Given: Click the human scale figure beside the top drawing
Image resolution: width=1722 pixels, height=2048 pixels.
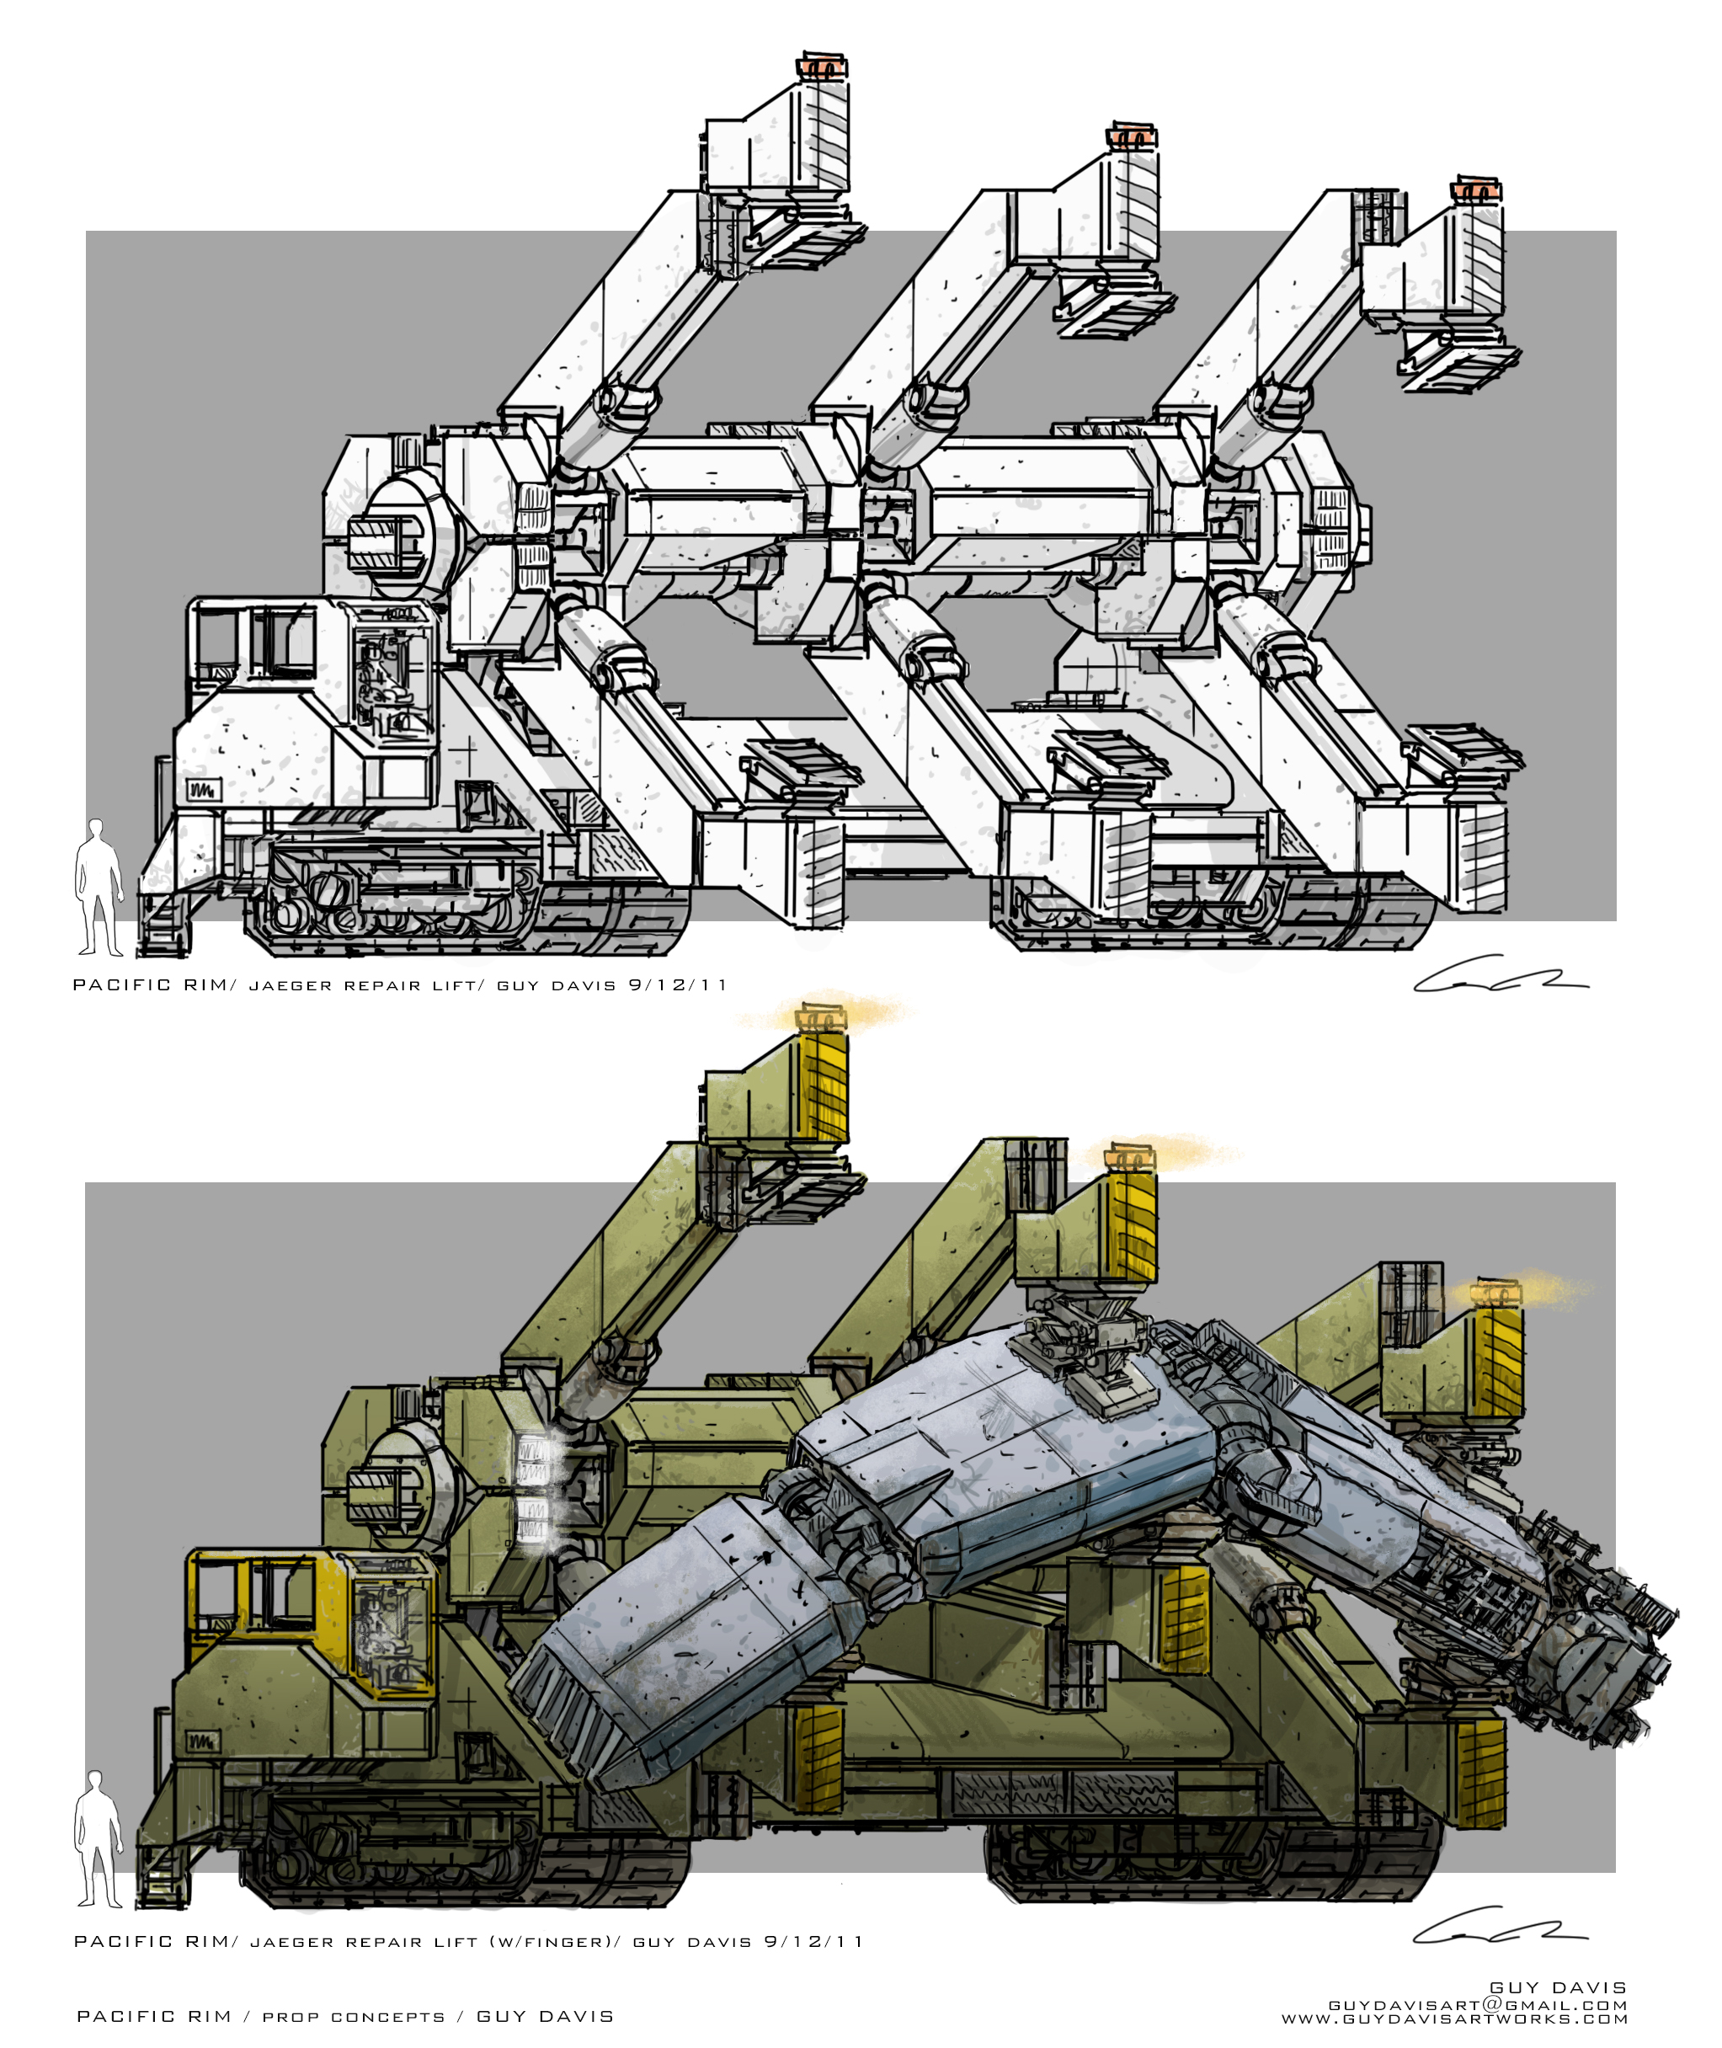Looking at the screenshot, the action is pyautogui.click(x=99, y=888).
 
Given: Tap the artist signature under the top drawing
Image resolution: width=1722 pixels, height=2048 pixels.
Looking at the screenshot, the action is pyautogui.click(x=1500, y=974).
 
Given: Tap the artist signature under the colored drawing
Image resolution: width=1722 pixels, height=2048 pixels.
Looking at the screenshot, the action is pyautogui.click(x=1500, y=1925).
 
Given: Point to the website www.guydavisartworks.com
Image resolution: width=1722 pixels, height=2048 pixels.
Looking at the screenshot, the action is pyautogui.click(x=1454, y=2019).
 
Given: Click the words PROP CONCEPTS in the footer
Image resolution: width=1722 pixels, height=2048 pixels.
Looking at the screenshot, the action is pyautogui.click(x=354, y=2017).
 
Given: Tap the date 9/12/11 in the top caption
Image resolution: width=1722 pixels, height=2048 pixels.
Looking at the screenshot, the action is pyautogui.click(x=679, y=985).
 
